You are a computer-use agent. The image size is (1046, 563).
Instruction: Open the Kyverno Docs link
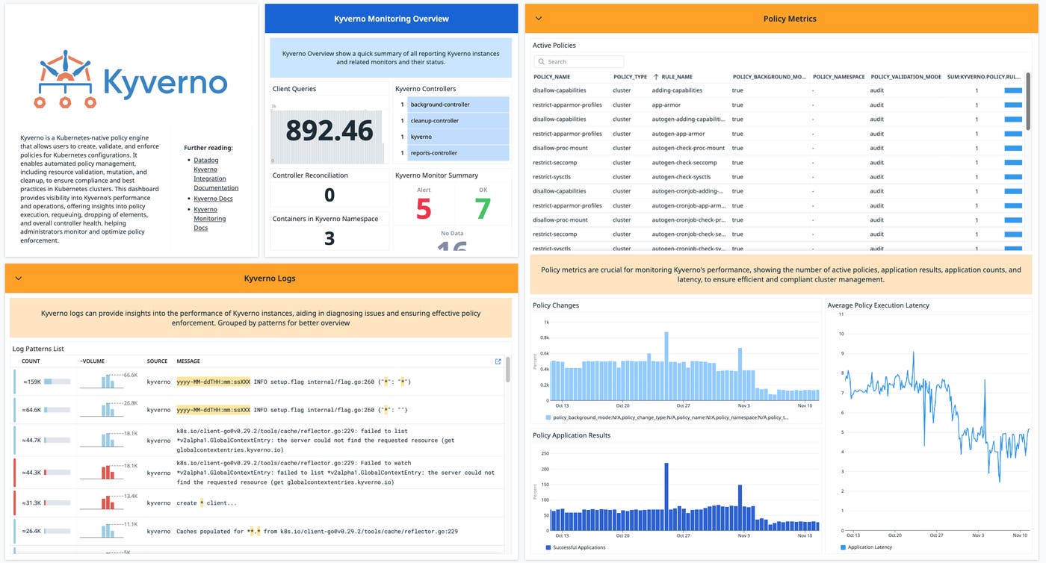(x=213, y=199)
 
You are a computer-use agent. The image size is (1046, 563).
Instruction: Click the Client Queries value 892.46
(x=329, y=131)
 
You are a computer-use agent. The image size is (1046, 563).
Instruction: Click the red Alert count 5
(x=424, y=210)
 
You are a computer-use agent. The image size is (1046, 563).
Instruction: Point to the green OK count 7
(x=483, y=210)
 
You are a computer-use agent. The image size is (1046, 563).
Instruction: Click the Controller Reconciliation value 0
(x=329, y=196)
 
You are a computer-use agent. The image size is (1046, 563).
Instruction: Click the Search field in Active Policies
(x=579, y=62)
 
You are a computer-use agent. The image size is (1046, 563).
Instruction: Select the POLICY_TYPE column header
(x=630, y=77)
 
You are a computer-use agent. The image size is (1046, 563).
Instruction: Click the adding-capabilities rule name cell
(x=677, y=90)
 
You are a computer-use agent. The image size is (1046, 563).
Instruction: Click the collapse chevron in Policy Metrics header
(x=539, y=19)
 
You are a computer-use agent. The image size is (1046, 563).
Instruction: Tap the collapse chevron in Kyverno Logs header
(x=19, y=279)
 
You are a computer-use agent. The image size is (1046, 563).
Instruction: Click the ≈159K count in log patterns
(x=31, y=382)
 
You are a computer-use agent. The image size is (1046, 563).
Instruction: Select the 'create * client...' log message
(x=206, y=503)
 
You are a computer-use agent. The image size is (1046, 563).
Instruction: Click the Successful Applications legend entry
(x=578, y=547)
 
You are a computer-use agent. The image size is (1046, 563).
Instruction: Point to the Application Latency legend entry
(x=870, y=547)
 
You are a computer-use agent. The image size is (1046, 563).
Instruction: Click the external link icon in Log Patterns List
(x=498, y=361)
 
